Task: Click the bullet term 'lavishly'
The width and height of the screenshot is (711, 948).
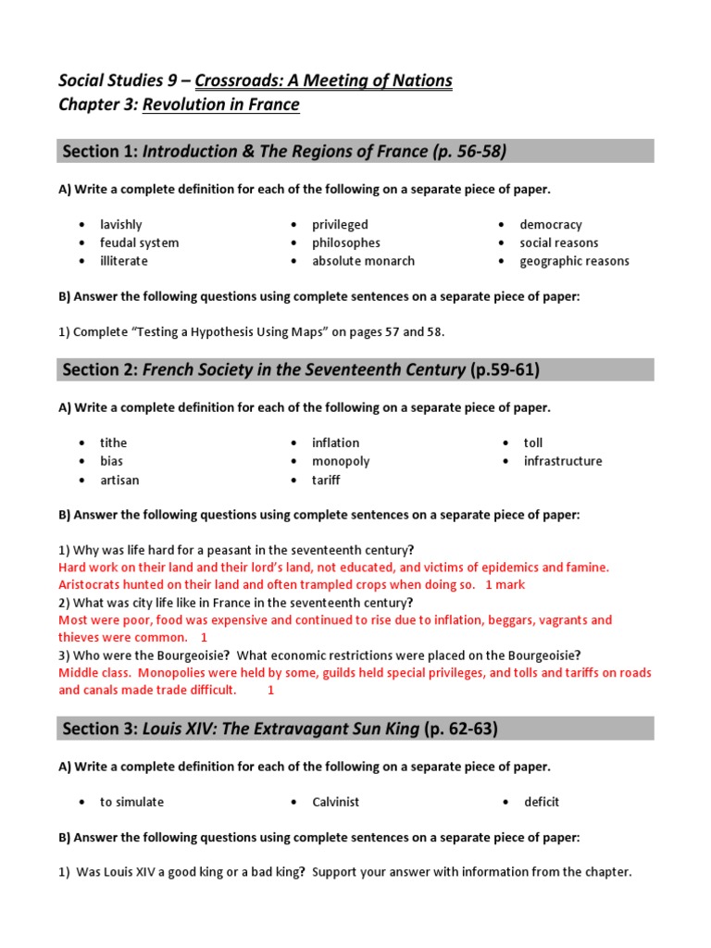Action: pos(121,225)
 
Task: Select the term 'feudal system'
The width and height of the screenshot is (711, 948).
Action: pos(140,243)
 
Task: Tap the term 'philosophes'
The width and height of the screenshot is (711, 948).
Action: pos(346,243)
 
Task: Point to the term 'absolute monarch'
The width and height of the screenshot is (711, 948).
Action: pos(363,261)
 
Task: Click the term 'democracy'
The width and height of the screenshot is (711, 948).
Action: pos(551,225)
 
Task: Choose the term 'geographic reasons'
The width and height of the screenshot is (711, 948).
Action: pos(574,261)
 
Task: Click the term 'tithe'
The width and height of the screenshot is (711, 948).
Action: pos(114,443)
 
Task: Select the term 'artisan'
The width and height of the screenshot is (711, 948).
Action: pos(120,480)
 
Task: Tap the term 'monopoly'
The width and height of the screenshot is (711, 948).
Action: pos(341,461)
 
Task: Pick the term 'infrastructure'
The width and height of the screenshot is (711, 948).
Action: pos(563,461)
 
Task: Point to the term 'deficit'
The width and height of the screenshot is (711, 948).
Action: pos(542,802)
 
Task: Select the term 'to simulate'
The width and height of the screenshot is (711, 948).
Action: pos(132,802)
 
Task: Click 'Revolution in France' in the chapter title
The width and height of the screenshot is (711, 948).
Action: pos(221,105)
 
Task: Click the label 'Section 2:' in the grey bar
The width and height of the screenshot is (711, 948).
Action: pos(99,370)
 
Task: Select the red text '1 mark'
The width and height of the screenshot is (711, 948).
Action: pos(505,585)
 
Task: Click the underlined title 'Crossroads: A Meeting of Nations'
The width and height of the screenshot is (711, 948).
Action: pos(324,81)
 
